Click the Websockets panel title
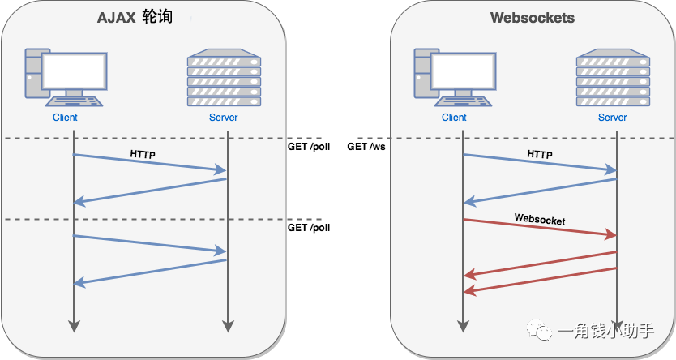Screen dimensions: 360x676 (x=532, y=17)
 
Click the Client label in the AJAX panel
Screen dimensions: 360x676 (x=65, y=118)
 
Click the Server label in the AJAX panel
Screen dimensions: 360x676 (x=223, y=118)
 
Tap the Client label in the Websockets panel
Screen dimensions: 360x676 (x=454, y=118)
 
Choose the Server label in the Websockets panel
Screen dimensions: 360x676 (x=612, y=118)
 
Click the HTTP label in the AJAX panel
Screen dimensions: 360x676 (x=143, y=153)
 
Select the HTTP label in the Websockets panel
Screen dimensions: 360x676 (x=540, y=153)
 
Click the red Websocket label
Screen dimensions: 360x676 (x=540, y=220)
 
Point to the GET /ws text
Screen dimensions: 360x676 (x=366, y=147)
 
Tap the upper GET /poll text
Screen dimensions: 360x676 (x=308, y=147)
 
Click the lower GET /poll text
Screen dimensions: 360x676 (x=308, y=228)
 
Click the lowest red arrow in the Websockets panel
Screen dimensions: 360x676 (x=540, y=280)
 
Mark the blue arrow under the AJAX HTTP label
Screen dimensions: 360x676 (x=150, y=163)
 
